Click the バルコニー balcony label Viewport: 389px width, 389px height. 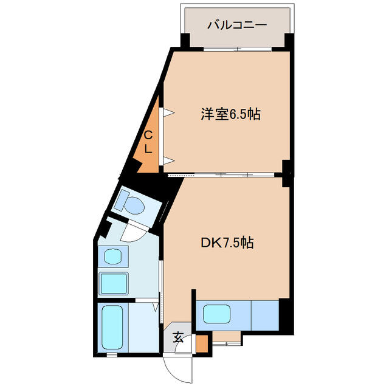237,25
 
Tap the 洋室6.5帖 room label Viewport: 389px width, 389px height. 230,114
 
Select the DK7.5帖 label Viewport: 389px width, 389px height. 227,243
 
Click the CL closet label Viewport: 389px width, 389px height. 148,142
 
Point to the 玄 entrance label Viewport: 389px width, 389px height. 179,337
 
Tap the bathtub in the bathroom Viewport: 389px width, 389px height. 113,328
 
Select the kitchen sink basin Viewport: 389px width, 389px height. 217,314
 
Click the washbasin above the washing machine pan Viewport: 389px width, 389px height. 113,256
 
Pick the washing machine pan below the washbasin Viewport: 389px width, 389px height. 114,283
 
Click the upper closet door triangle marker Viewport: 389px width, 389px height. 170,112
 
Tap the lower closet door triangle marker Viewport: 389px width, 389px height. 170,160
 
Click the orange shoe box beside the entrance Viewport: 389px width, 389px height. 202,343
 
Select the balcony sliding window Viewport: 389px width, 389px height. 238,49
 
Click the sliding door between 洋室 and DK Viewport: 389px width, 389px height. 221,174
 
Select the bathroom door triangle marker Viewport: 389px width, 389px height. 156,307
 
